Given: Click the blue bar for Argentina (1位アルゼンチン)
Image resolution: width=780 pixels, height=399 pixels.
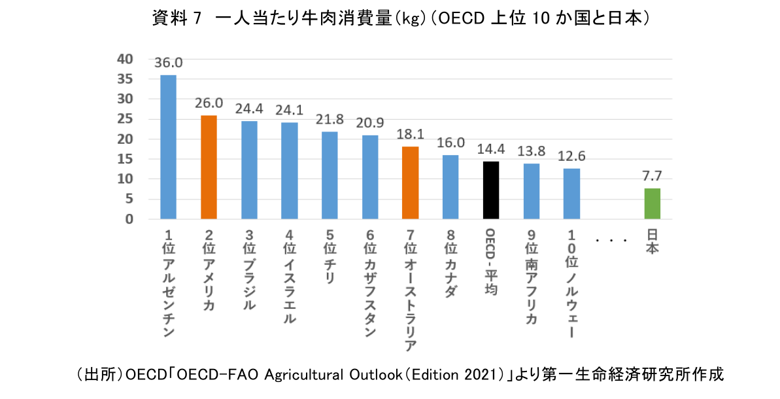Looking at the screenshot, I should point(169,147).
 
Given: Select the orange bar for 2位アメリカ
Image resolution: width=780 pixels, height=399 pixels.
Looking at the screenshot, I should point(209,167).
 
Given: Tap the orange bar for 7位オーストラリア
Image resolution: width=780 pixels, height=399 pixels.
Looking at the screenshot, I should point(410,183).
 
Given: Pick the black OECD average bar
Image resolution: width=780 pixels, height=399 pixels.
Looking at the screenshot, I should point(491,190).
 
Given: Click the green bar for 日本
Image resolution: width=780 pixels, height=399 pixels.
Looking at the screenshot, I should point(653,203).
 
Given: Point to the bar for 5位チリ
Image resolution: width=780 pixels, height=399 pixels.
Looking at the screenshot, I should point(330,175).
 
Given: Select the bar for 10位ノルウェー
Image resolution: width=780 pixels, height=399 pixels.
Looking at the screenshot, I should point(571,194).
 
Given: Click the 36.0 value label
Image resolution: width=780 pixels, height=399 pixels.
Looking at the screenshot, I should point(169,63).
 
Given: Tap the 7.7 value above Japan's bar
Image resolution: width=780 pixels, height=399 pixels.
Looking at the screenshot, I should point(653,177).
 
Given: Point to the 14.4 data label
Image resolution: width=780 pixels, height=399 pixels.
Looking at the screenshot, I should point(491,149).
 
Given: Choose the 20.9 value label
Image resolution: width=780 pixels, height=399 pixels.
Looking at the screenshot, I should point(370,123).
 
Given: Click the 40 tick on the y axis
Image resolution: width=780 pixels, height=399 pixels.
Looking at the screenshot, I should point(124,59).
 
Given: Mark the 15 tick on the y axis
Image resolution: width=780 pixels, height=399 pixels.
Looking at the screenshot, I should point(124,159).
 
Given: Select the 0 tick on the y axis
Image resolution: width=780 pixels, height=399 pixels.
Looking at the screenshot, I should point(129,219).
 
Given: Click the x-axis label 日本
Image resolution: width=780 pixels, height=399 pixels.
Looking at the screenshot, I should point(653,241).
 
